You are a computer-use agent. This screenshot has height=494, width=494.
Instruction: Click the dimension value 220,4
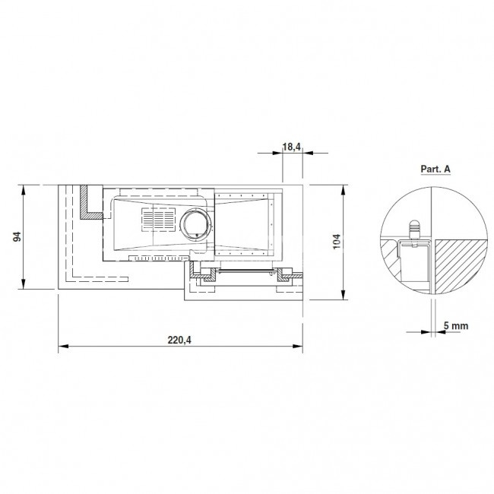(x=179, y=340)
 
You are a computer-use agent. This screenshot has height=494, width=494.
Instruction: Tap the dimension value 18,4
(x=291, y=147)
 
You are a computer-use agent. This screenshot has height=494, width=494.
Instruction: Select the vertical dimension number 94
(x=17, y=236)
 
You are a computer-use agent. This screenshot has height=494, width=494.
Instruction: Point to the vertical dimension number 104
(x=337, y=242)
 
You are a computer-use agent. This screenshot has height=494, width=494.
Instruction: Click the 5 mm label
(x=456, y=325)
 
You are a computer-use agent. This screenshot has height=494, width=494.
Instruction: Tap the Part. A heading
(x=435, y=169)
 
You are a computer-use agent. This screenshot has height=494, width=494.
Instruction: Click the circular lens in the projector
(x=195, y=225)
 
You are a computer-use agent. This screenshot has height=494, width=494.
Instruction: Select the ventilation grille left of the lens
(x=158, y=220)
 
